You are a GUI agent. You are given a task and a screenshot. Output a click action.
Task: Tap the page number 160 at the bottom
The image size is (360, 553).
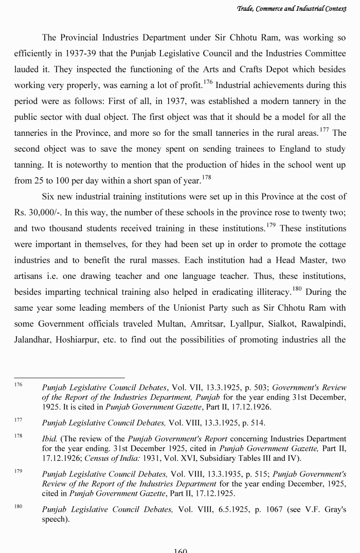click(x=180, y=550)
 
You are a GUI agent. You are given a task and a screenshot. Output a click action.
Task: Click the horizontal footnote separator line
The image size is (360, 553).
click(x=69, y=378)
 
